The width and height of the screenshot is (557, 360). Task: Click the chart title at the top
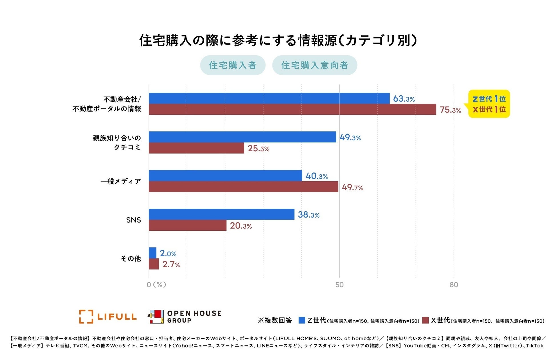pos(278,40)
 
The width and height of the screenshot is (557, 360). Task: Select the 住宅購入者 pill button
pos(233,65)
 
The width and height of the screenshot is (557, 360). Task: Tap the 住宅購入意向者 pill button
pos(314,65)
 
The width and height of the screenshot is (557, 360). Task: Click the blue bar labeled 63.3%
pos(269,98)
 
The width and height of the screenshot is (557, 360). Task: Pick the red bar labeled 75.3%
pos(292,109)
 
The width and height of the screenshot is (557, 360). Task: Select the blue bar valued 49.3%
pos(242,137)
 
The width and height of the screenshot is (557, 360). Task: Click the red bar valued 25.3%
pos(196,148)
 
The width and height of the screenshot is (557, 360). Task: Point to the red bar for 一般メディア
pos(243,187)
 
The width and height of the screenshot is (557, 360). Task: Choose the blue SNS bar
pos(221,214)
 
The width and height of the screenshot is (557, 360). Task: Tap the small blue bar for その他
pos(153,253)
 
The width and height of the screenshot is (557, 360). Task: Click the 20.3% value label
pos(241,226)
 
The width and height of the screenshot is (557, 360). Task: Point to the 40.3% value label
pos(316,176)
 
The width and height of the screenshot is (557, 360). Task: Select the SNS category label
pos(134,220)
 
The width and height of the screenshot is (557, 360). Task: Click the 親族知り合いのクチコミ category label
pos(117,142)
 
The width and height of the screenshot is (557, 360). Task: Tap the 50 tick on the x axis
pos(339,285)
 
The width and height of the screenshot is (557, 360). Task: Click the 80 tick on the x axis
pos(454,285)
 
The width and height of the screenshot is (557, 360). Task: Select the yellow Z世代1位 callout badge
pos(489,104)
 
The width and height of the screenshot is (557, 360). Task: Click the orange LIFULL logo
pos(108,317)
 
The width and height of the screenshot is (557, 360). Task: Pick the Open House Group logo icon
pos(156,317)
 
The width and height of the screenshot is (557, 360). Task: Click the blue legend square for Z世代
pos(302,320)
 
